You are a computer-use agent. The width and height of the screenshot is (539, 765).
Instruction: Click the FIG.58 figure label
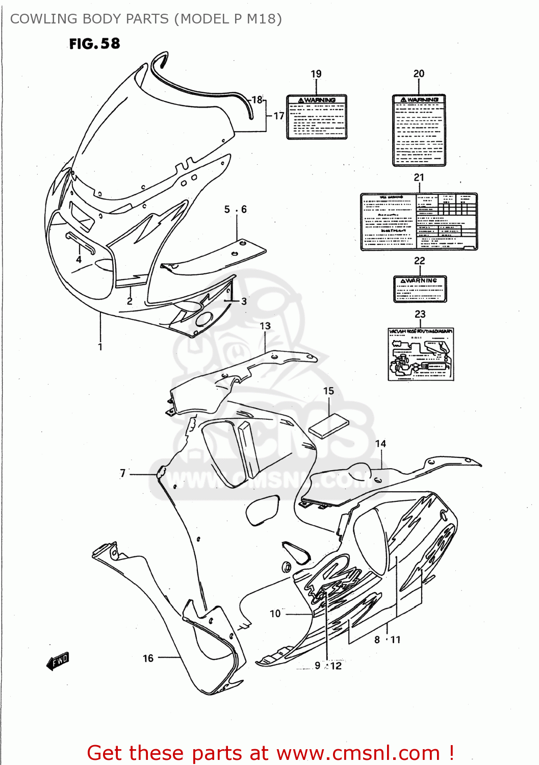(95, 44)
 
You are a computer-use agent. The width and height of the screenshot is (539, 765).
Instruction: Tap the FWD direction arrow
(57, 661)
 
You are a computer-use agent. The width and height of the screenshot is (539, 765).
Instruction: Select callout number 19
(316, 74)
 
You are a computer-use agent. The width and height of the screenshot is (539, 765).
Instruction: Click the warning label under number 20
(419, 130)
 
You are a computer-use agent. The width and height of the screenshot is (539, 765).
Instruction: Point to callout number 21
(419, 177)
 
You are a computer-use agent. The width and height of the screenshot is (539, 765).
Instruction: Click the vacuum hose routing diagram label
(421, 354)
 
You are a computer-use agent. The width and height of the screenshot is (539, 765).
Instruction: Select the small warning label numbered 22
(420, 289)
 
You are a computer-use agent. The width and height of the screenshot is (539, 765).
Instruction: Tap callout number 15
(328, 391)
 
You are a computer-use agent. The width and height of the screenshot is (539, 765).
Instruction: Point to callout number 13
(265, 326)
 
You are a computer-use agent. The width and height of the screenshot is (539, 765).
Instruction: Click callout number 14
(380, 444)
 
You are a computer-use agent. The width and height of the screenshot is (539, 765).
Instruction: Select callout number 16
(148, 658)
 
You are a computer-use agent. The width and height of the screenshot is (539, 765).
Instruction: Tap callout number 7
(122, 473)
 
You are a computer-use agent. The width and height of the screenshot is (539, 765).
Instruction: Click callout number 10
(275, 614)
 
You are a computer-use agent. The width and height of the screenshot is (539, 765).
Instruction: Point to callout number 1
(100, 347)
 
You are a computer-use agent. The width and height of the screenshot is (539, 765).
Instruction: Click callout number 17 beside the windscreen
(278, 116)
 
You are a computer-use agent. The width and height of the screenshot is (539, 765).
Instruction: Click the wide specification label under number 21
(419, 221)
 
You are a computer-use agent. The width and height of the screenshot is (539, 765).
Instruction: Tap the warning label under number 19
(317, 117)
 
